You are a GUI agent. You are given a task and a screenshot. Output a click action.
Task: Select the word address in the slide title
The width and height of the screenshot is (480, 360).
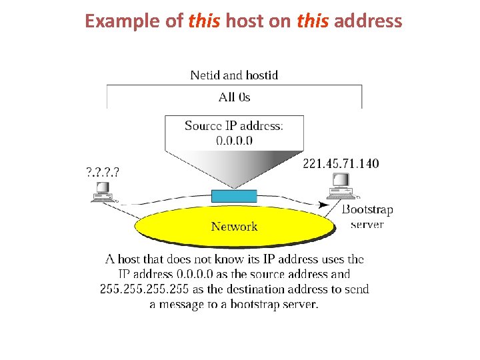pos(367,21)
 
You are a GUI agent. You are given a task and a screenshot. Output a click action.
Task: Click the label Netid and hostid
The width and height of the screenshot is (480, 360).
pos(234,75)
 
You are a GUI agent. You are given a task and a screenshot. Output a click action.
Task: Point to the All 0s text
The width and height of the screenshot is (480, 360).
pos(234,97)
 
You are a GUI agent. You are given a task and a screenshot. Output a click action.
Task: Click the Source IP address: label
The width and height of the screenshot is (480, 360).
pos(234,126)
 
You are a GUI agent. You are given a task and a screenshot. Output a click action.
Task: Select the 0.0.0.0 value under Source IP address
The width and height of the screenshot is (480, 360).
pos(234,140)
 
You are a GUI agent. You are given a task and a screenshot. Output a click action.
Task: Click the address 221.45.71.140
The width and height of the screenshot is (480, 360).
pos(341,163)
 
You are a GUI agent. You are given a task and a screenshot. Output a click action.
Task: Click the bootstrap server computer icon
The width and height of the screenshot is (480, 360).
pos(341,186)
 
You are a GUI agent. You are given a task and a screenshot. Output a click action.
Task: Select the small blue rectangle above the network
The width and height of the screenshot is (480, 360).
pos(233,196)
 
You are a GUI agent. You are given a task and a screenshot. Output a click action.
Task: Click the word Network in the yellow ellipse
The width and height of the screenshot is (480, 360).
pos(234,227)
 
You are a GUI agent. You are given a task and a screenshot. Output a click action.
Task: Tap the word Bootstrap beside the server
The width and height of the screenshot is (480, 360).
pos(367,210)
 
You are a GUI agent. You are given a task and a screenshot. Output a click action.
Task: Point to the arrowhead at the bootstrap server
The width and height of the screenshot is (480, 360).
pos(337,204)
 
